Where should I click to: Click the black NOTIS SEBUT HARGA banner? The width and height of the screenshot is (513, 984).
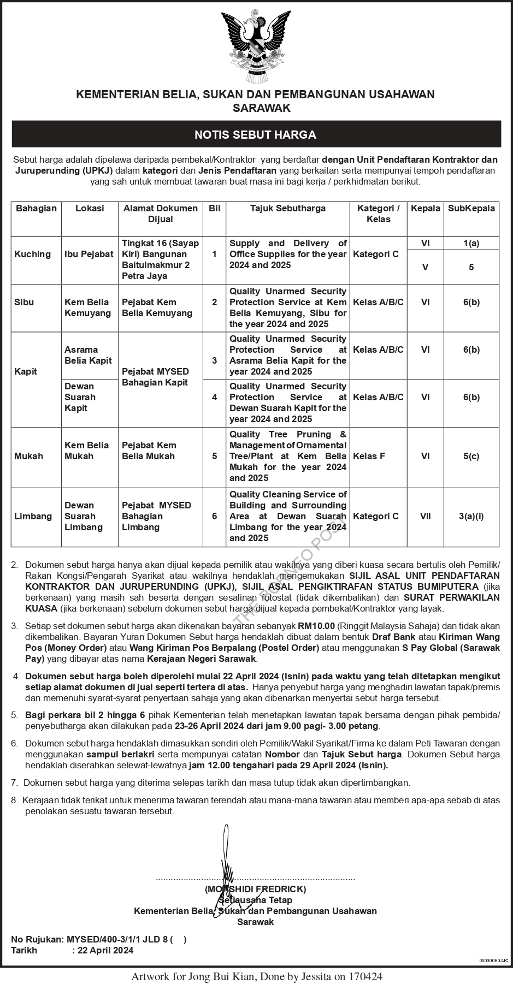[256, 134]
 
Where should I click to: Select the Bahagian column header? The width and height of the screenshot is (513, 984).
[36, 208]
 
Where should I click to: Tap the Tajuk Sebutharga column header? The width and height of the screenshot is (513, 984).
[288, 208]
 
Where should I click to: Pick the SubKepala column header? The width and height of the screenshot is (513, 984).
[471, 208]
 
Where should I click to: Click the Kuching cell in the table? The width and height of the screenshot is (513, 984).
[33, 254]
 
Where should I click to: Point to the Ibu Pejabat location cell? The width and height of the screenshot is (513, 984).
[89, 254]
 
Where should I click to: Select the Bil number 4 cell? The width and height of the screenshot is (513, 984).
[214, 397]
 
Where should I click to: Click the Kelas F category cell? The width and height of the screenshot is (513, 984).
[369, 456]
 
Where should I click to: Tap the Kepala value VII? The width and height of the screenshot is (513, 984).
[425, 516]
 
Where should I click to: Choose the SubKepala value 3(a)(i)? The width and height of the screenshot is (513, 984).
[471, 516]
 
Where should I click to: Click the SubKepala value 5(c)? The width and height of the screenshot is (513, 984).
[471, 456]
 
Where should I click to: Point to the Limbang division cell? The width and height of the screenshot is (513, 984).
[33, 516]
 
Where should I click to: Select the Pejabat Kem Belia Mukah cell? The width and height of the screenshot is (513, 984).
[149, 450]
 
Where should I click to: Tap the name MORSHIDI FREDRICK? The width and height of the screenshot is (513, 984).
[256, 889]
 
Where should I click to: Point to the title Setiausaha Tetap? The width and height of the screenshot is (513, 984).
[256, 900]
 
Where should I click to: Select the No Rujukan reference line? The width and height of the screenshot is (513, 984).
[99, 940]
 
